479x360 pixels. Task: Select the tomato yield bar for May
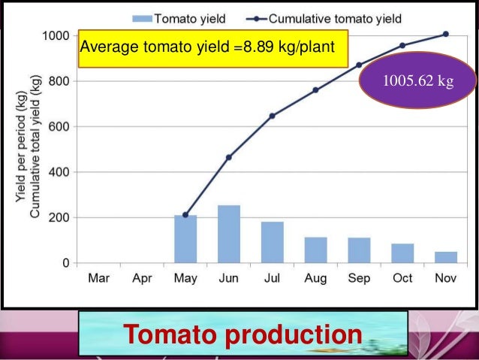[x=185, y=239]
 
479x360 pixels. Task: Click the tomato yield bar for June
[x=229, y=234]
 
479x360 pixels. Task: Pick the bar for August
[x=315, y=250]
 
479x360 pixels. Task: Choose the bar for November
[x=445, y=257]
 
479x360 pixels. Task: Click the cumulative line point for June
[x=229, y=157]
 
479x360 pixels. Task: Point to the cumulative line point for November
[x=446, y=34]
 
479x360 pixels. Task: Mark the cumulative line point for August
[x=315, y=90]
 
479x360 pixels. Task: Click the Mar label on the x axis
[x=99, y=278]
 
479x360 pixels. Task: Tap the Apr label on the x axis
[x=142, y=278]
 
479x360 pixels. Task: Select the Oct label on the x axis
[x=402, y=278]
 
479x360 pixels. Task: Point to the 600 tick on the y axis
[x=60, y=127]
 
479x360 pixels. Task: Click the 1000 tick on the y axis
[x=56, y=36]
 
